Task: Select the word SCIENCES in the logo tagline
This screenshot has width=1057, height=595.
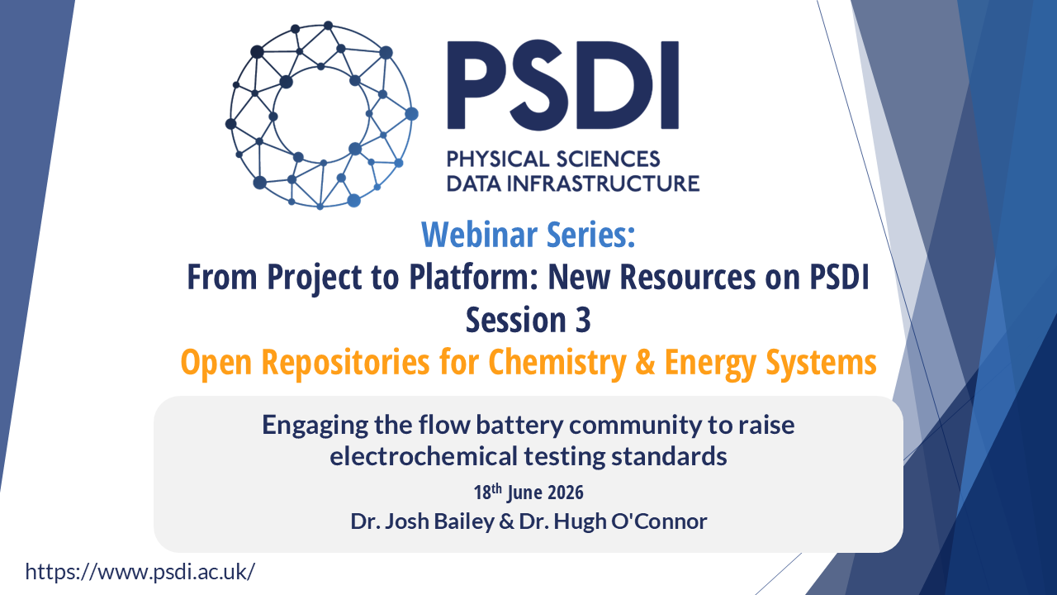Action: pyautogui.click(x=607, y=159)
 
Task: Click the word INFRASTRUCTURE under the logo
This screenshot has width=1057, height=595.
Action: pyautogui.click(x=603, y=183)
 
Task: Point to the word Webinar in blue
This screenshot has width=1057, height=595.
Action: pyautogui.click(x=479, y=234)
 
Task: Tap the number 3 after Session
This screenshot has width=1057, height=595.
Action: pyautogui.click(x=583, y=320)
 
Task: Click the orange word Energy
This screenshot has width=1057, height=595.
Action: pyautogui.click(x=711, y=363)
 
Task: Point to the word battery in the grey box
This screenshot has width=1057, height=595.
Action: pyautogui.click(x=519, y=425)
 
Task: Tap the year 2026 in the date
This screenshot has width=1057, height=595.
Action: pyautogui.click(x=566, y=493)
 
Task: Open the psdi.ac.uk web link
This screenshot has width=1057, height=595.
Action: pyautogui.click(x=140, y=572)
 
